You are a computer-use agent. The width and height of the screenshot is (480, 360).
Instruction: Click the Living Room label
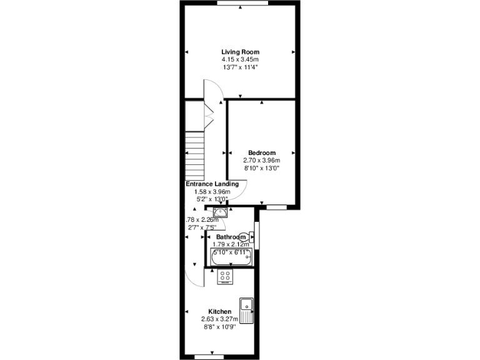coord(240,52)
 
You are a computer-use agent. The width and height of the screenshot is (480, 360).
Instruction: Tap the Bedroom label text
coord(262,153)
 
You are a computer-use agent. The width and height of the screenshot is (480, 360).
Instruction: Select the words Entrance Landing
coord(212,184)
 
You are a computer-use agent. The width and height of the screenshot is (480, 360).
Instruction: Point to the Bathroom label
coord(231,237)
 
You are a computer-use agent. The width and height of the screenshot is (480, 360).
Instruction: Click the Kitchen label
coord(220,312)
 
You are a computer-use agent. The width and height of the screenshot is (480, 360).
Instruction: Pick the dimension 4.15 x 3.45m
coord(240,59)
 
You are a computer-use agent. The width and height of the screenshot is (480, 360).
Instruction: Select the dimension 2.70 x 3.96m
coord(262,161)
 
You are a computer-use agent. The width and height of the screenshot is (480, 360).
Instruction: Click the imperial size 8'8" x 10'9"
coord(220,326)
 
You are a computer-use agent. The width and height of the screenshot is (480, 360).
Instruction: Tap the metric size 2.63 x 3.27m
coord(220,319)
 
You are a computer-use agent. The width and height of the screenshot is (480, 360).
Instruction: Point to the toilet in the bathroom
coord(250,237)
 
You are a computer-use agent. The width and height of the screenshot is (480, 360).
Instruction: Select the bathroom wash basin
coord(218,212)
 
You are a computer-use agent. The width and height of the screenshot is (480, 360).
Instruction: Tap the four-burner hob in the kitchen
coord(224,277)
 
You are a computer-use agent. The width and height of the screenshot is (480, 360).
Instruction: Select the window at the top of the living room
coord(243,3)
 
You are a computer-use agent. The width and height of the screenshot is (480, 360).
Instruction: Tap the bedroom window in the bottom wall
coord(276,206)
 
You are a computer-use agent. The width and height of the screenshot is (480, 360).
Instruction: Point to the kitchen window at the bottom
coord(209,357)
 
